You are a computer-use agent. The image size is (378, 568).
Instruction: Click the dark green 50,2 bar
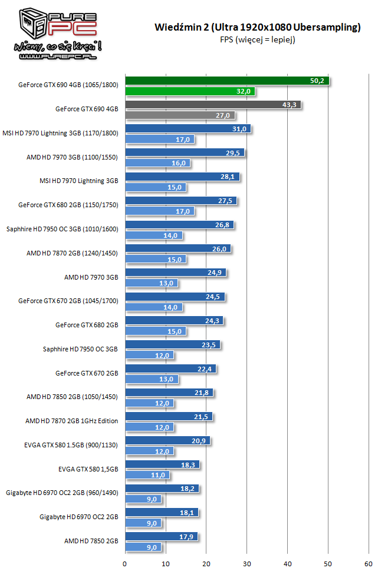click(x=227, y=81)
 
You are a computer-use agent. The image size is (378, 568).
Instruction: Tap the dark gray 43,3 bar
click(x=212, y=105)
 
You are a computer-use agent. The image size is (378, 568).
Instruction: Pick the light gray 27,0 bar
click(x=180, y=115)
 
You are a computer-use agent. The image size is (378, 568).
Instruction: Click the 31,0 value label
click(x=240, y=129)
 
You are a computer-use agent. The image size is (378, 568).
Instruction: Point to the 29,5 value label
click(x=234, y=153)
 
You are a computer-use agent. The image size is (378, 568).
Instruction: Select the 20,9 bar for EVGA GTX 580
click(x=167, y=441)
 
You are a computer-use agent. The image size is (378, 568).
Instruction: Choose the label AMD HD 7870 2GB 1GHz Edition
click(x=71, y=421)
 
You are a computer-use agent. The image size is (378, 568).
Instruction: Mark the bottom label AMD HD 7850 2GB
click(x=91, y=541)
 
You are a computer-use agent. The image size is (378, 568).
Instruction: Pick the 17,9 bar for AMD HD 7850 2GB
click(x=161, y=537)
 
